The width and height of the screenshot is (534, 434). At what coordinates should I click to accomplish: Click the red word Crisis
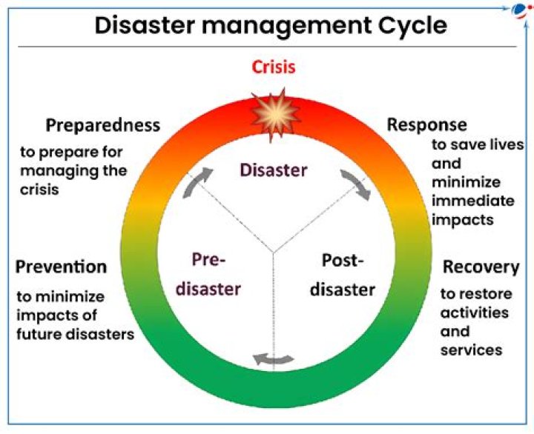[x=274, y=67]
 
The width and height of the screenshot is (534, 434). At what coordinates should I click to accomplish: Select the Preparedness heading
[x=102, y=125]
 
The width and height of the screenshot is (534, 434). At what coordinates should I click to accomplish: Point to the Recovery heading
[x=481, y=267]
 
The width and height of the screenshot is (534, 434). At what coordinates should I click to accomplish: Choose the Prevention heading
[x=61, y=267]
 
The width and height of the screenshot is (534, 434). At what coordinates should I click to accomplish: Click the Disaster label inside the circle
[x=273, y=170]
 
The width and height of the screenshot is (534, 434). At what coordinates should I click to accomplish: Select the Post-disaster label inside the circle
[x=342, y=275]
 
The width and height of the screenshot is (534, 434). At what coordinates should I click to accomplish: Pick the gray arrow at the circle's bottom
[x=274, y=360]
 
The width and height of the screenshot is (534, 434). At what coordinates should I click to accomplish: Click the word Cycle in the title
[x=406, y=26]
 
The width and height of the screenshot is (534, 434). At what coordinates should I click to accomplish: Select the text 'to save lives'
[x=478, y=144]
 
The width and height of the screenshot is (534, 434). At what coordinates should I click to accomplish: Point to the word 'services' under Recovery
[x=471, y=350]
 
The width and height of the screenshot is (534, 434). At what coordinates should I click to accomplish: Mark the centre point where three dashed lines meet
[x=274, y=253]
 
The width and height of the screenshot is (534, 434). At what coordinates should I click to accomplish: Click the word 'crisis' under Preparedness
[x=39, y=189]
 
